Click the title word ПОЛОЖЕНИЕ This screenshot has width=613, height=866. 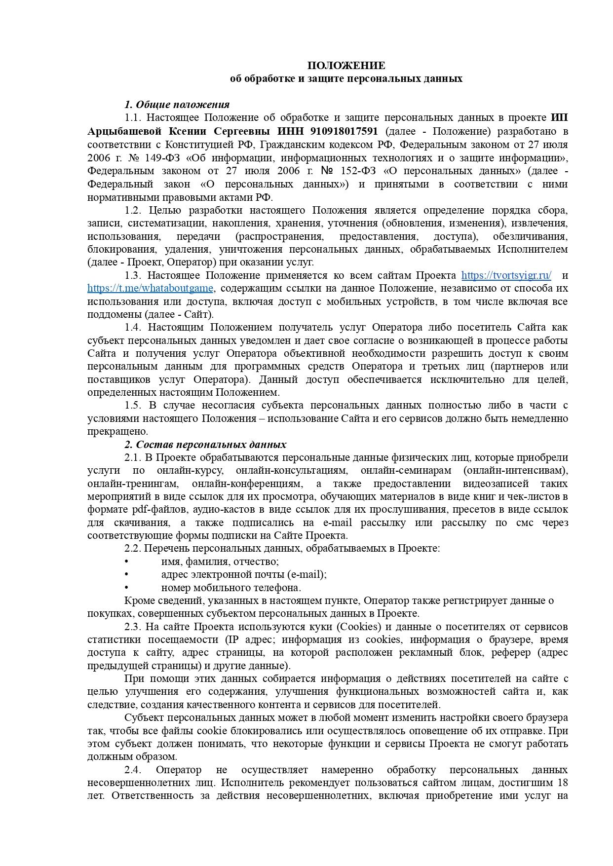(346, 66)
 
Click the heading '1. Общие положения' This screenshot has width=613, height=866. (177, 105)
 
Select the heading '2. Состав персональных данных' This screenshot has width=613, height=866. (205, 444)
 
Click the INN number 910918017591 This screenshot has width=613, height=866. (344, 131)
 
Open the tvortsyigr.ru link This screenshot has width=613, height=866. (506, 275)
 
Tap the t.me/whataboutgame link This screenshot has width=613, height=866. (151, 288)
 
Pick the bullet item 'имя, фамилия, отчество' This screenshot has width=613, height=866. (220, 562)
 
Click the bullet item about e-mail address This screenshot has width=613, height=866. (244, 574)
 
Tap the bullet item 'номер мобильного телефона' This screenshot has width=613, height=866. (231, 588)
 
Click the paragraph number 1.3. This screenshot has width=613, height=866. (133, 275)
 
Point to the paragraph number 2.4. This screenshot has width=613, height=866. (133, 770)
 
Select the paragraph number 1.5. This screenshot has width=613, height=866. (133, 405)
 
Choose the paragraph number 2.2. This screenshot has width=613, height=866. (133, 548)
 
